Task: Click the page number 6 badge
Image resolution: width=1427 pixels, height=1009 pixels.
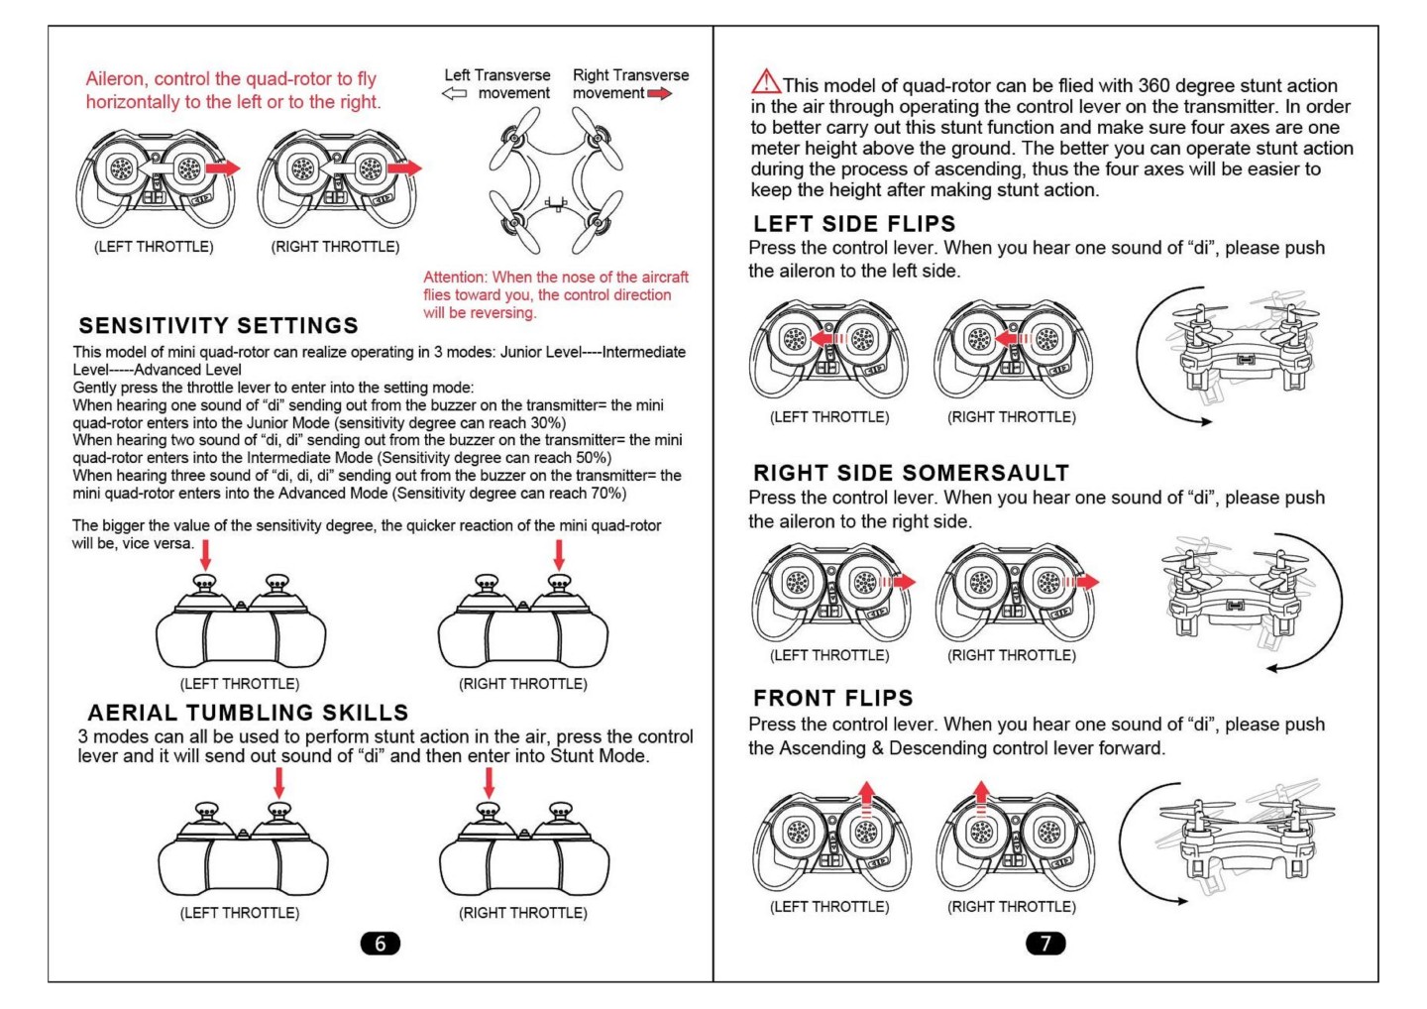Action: pyautogui.click(x=380, y=944)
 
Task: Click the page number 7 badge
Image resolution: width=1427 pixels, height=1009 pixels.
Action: pyautogui.click(x=1044, y=944)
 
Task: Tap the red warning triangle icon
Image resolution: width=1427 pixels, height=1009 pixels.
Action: pyautogui.click(x=765, y=82)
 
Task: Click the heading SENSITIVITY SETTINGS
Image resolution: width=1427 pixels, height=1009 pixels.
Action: pyautogui.click(x=218, y=326)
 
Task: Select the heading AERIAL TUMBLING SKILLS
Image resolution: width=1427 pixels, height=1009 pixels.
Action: pyautogui.click(x=248, y=713)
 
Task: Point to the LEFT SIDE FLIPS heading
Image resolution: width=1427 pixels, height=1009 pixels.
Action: pyautogui.click(x=854, y=224)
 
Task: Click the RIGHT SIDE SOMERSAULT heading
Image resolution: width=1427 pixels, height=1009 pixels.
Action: pyautogui.click(x=911, y=473)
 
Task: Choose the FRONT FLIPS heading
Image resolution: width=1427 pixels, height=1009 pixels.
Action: pyautogui.click(x=832, y=698)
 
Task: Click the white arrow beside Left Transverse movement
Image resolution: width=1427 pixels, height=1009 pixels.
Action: pyautogui.click(x=454, y=94)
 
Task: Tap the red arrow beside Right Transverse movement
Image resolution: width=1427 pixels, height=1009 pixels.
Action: pyautogui.click(x=660, y=94)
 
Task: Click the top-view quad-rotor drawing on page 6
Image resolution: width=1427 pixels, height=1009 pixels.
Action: pyautogui.click(x=556, y=180)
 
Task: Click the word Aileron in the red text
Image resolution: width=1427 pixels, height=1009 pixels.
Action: pyautogui.click(x=114, y=79)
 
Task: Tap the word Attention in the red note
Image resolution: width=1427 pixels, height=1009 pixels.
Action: pyautogui.click(x=455, y=278)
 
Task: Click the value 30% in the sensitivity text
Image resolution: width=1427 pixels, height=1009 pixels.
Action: pyautogui.click(x=547, y=423)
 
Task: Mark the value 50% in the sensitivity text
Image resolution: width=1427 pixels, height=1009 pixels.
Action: pyautogui.click(x=592, y=458)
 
